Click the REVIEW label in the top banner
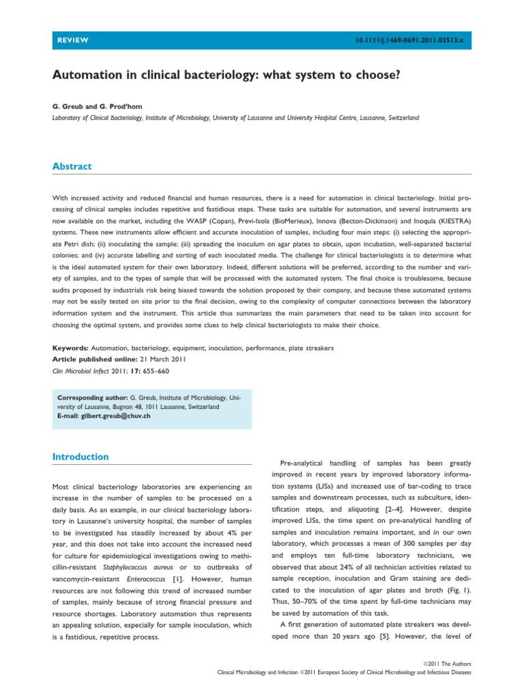pyautogui.click(x=72, y=41)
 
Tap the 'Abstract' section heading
pyautogui.click(x=72, y=166)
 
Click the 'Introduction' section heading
pyautogui.click(x=81, y=457)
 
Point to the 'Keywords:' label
pyautogui.click(x=70, y=348)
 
